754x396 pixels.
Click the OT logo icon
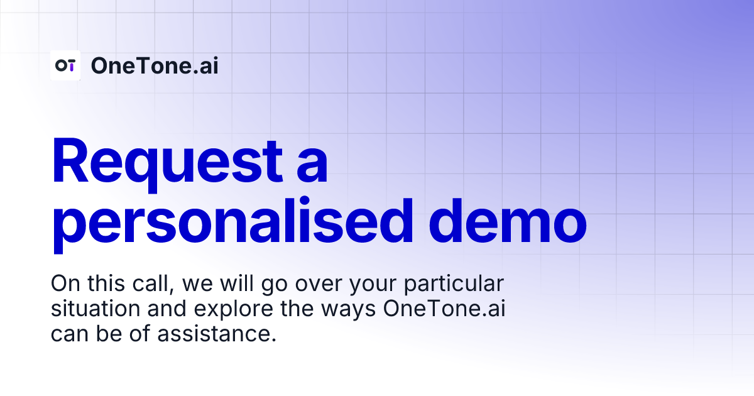65,65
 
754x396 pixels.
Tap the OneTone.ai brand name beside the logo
155,65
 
